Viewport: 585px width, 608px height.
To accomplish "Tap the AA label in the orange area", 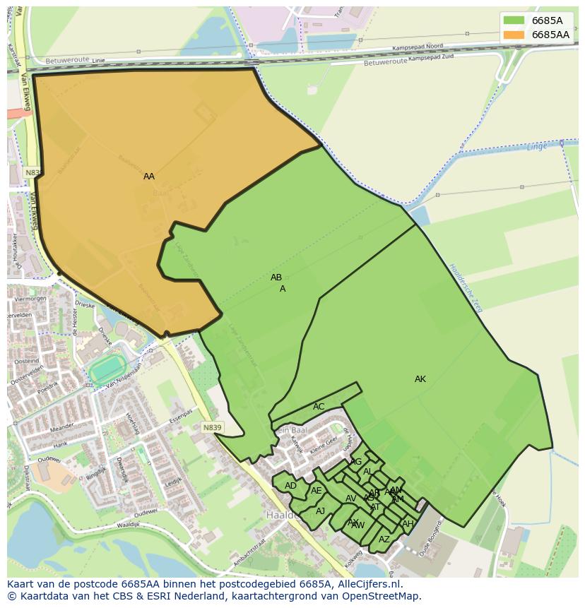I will [x=149, y=177].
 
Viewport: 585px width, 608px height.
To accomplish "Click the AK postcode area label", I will [x=420, y=379].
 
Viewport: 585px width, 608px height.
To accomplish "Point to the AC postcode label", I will [x=319, y=407].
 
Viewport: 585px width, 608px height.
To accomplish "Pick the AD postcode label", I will [x=290, y=486].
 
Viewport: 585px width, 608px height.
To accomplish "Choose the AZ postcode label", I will [x=384, y=540].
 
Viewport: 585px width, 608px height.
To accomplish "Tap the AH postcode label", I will [x=408, y=524].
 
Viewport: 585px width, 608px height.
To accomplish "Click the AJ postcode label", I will [x=320, y=511].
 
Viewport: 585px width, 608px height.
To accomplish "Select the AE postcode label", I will [x=317, y=491].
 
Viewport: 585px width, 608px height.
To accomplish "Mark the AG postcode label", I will [x=356, y=462].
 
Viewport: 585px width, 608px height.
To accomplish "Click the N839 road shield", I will [x=211, y=428].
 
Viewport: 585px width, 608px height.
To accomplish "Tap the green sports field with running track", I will [x=107, y=368].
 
